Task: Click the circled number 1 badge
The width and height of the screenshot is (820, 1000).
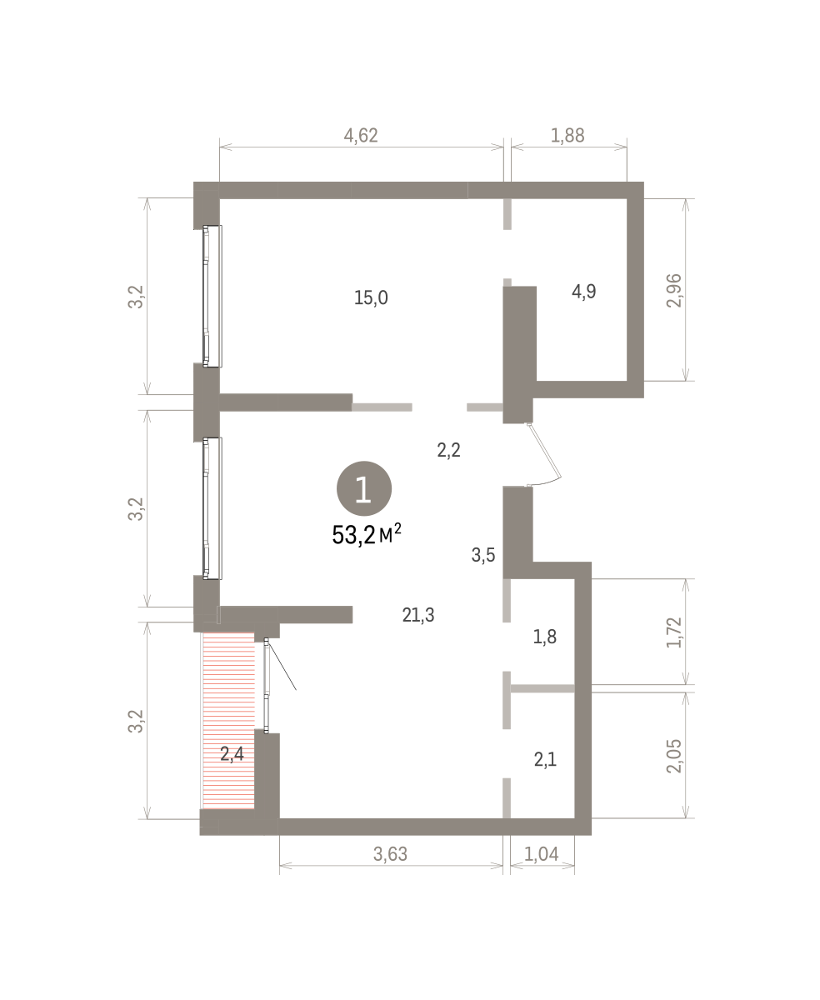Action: (364, 488)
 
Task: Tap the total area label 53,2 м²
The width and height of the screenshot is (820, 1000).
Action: (367, 535)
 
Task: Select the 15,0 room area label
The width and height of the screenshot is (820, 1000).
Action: (371, 297)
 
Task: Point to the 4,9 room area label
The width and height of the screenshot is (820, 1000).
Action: (584, 291)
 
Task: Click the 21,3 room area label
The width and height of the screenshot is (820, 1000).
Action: (417, 615)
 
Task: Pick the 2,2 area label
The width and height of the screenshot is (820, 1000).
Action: (448, 450)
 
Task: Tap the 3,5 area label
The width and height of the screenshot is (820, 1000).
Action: (483, 555)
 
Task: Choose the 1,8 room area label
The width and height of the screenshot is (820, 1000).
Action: (545, 637)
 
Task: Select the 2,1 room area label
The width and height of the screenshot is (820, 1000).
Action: (545, 760)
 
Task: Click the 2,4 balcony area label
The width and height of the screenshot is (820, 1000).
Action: (232, 753)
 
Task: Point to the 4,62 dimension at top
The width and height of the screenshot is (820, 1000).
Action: (361, 136)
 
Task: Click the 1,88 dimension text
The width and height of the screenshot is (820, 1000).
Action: (567, 136)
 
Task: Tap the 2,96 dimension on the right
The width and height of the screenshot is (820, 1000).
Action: (674, 291)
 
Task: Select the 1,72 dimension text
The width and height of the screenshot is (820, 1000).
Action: (674, 632)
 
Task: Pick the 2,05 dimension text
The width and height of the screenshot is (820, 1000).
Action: (674, 757)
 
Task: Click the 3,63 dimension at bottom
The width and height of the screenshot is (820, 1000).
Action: (390, 854)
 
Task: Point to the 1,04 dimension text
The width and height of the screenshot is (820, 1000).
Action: (542, 854)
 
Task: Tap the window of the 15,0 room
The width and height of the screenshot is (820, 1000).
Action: (212, 296)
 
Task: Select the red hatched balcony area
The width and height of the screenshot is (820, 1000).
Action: (229, 721)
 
